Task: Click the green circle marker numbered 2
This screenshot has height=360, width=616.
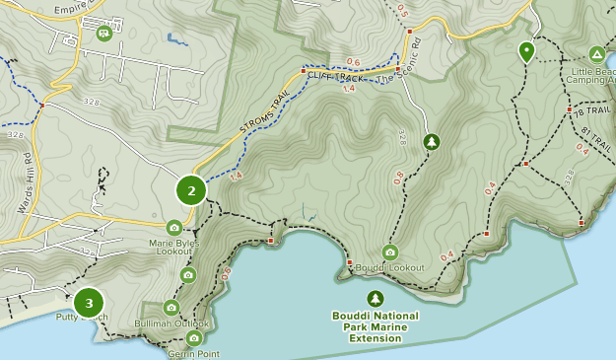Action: point(191,190)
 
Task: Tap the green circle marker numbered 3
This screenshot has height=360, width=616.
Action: point(89,303)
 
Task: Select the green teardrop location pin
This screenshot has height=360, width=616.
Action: point(526,52)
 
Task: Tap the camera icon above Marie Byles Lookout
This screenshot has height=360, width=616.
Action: point(174,228)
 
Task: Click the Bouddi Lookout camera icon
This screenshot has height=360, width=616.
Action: point(389,252)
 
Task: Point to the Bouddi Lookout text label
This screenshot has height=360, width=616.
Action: point(389,268)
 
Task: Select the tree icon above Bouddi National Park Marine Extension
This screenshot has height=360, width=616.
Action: point(375,298)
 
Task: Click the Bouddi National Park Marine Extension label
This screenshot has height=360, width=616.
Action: point(375,327)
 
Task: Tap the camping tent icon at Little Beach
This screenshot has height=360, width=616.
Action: point(596,53)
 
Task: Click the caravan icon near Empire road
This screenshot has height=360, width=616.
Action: point(103,33)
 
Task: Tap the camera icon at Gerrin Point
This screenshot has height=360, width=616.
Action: point(193,338)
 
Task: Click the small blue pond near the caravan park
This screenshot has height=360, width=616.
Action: point(177,40)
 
